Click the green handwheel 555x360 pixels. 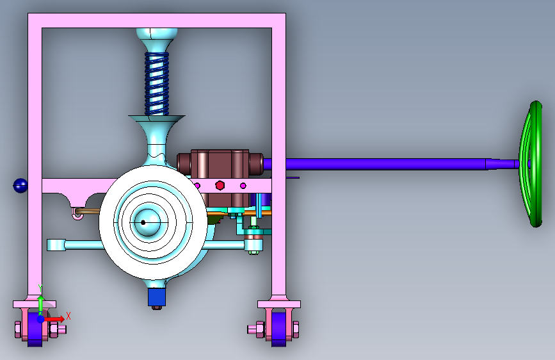(x=531, y=164)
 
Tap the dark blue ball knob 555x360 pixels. (x=20, y=186)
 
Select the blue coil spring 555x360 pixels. (x=157, y=84)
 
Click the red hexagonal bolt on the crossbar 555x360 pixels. (x=220, y=185)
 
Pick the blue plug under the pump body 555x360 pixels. (x=157, y=297)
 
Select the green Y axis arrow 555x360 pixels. (x=40, y=305)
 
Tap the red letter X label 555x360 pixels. (x=68, y=316)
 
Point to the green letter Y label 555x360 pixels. (x=40, y=288)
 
